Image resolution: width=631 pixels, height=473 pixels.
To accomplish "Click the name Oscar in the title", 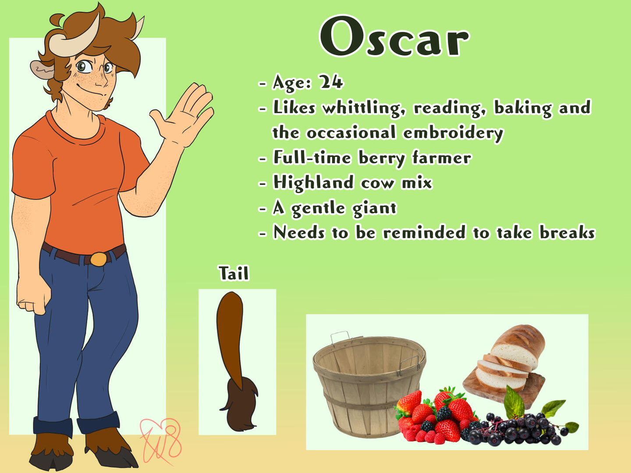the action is click(394, 36).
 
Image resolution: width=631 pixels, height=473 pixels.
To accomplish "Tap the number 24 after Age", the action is click(330, 82).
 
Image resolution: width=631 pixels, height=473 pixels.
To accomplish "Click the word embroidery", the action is click(453, 133).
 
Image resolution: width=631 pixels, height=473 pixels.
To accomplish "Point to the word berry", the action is click(382, 158).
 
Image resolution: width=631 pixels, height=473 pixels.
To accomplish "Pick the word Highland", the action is click(313, 183).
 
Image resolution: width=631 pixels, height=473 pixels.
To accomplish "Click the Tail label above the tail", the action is click(234, 273).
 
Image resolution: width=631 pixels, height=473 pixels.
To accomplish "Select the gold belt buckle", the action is click(99, 259).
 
